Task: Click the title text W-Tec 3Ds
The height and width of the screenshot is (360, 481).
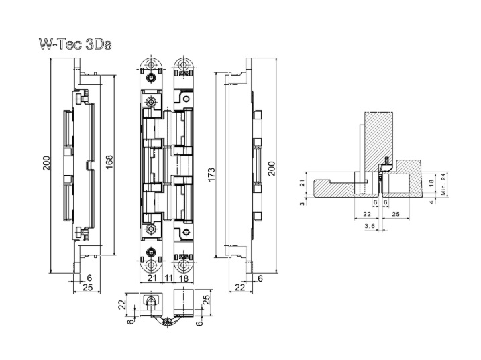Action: click(75, 44)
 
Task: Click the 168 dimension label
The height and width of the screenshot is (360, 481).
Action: click(109, 162)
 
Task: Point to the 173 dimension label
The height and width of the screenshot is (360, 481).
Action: click(212, 175)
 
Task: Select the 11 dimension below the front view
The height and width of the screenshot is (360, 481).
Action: click(169, 278)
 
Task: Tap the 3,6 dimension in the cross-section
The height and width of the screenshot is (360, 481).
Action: click(370, 226)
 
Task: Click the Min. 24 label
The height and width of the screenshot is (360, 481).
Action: click(443, 184)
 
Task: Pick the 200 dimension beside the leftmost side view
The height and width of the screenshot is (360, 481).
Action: click(46, 164)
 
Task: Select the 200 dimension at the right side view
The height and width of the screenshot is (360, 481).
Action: click(272, 168)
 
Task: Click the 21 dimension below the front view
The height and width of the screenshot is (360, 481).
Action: click(152, 278)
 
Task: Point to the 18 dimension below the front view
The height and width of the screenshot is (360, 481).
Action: click(183, 278)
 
